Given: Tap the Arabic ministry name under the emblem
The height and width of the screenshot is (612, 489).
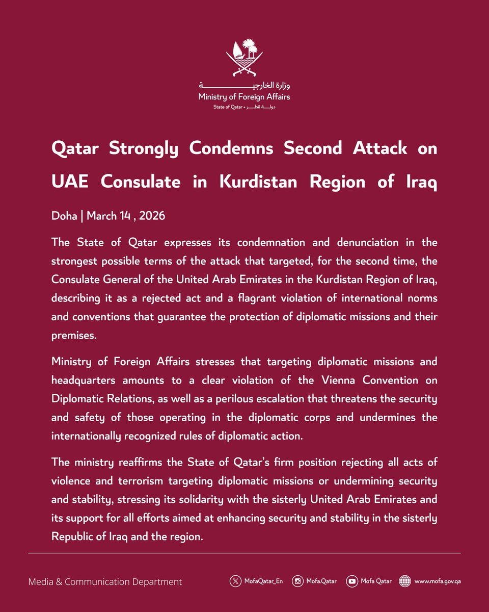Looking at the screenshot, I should (244, 85).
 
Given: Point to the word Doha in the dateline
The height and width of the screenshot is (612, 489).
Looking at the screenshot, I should (64, 216).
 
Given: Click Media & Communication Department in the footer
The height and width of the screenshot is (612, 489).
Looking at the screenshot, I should (105, 581).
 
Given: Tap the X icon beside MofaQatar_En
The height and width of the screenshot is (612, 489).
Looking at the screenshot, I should (235, 581).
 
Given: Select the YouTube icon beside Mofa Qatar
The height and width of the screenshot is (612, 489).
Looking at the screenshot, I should (351, 581).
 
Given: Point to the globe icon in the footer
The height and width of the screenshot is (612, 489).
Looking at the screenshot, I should (405, 581).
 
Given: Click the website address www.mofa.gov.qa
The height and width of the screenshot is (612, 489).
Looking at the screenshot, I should (439, 581).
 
